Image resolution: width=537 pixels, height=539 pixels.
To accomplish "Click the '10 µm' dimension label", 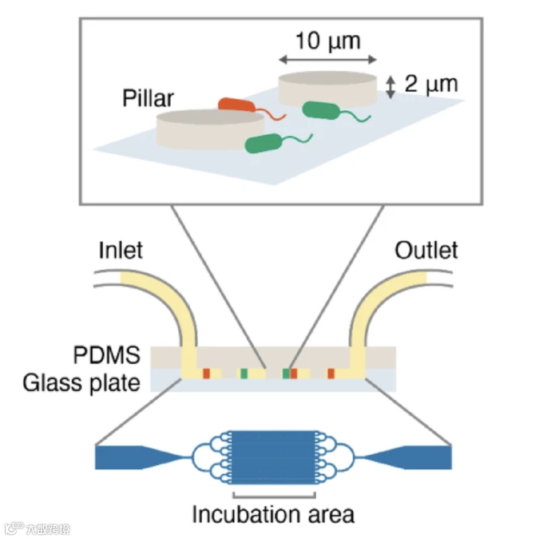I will [x=327, y=41].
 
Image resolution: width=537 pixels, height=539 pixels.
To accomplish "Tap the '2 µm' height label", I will [x=430, y=84].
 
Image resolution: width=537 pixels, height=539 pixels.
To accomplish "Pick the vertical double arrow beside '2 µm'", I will [x=390, y=87].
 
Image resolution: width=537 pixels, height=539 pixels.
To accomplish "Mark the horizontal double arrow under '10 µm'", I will [x=327, y=59].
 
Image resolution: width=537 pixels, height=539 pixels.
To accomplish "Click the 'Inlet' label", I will [x=121, y=250].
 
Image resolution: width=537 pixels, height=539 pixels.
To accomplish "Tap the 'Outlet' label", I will [x=426, y=250].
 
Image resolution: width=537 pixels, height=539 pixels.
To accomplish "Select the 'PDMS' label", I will [x=107, y=356].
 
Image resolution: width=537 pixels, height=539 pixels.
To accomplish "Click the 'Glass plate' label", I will [x=82, y=384].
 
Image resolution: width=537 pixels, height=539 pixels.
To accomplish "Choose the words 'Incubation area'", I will [x=273, y=514].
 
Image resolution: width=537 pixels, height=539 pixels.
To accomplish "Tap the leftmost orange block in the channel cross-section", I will [x=207, y=373].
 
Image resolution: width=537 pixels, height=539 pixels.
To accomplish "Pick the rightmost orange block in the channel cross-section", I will [x=330, y=373].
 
